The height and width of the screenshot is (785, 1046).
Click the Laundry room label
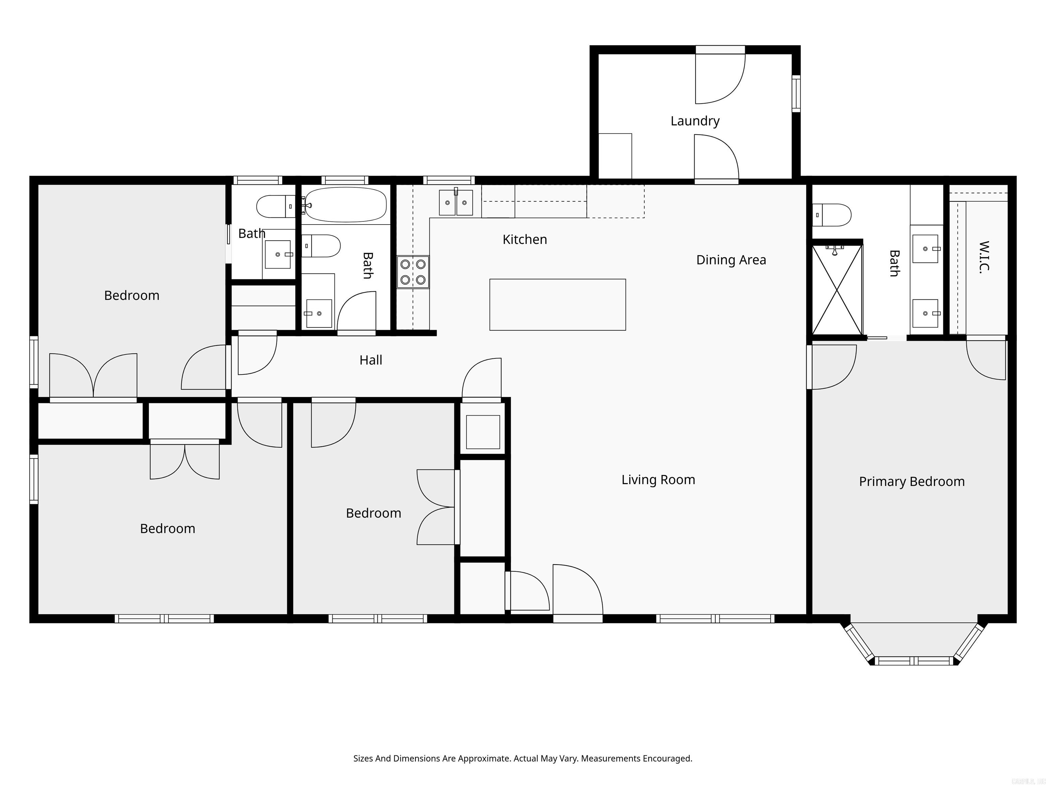click(x=695, y=121)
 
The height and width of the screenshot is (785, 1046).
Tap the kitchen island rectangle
click(x=557, y=305)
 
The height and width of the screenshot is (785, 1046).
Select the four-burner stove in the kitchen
click(x=413, y=272)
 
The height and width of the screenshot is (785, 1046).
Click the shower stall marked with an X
click(x=837, y=290)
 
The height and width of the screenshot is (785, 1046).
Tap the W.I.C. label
click(x=984, y=257)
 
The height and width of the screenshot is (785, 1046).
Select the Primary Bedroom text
click(x=911, y=482)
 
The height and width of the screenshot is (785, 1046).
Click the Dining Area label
click(x=731, y=260)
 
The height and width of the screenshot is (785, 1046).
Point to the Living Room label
click(x=658, y=480)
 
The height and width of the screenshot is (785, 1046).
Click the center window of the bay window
click(x=913, y=661)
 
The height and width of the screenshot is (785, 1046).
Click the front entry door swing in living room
click(x=577, y=590)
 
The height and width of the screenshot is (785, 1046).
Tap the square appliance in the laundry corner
click(x=615, y=156)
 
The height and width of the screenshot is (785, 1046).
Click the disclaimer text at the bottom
click(x=523, y=758)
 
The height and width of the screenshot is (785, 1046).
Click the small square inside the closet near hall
click(x=483, y=432)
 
